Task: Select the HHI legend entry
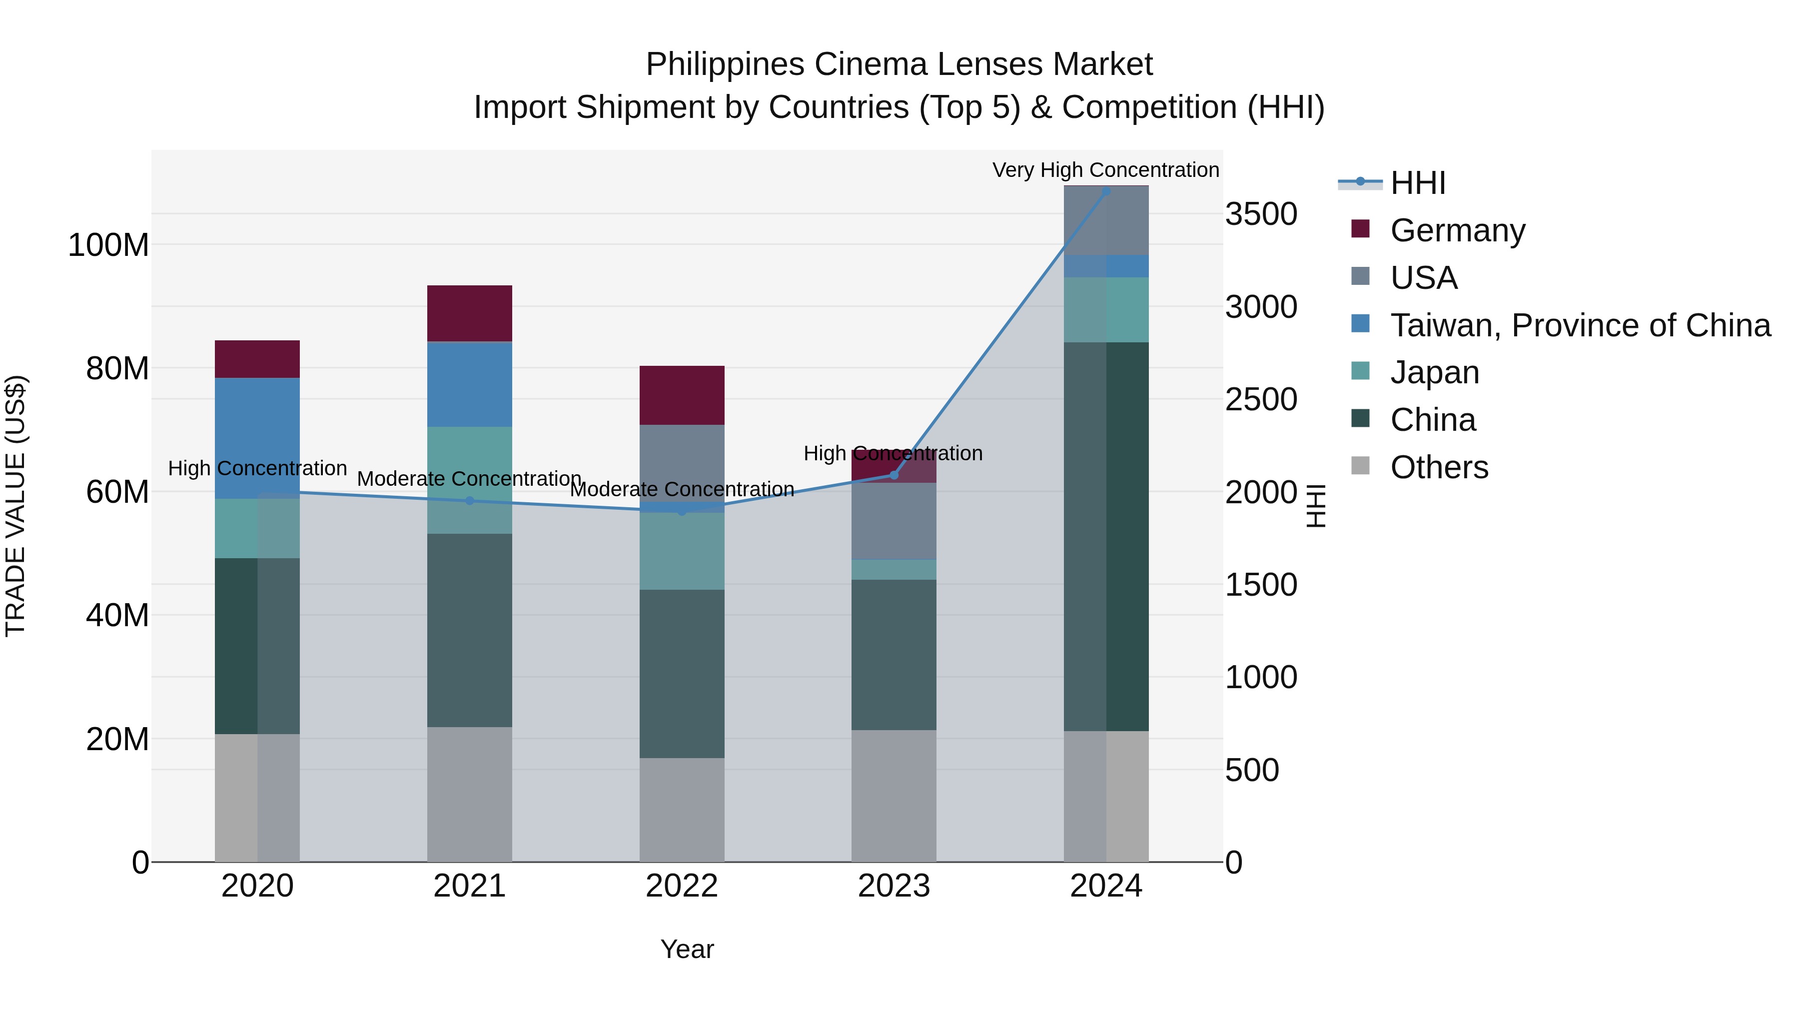click(1417, 183)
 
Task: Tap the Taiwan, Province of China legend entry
click(1580, 325)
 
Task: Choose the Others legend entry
click(1439, 467)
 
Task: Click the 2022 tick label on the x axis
click(682, 886)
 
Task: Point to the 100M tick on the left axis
click(108, 245)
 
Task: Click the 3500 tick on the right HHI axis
click(1261, 214)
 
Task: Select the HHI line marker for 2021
click(469, 501)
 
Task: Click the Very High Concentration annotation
click(1105, 170)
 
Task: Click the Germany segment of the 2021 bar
click(469, 313)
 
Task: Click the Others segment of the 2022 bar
click(682, 810)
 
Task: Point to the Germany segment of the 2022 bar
click(682, 395)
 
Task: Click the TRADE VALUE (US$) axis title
click(15, 506)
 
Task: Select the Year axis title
click(687, 949)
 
